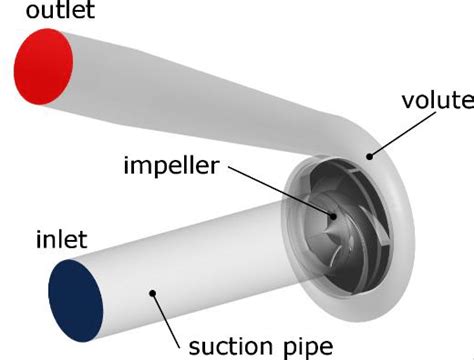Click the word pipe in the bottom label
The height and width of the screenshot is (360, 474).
click(x=311, y=346)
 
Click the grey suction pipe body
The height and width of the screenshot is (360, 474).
click(x=200, y=260)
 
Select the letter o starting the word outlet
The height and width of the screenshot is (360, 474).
click(x=9, y=14)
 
